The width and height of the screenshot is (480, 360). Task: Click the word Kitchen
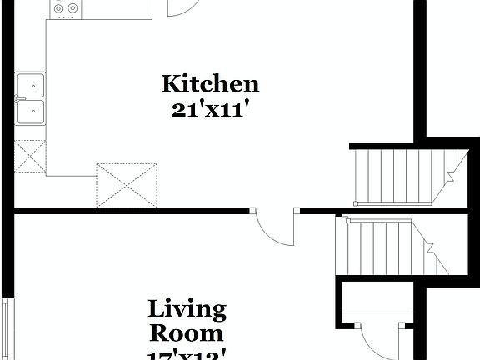210,84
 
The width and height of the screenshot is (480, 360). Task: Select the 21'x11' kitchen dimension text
211,110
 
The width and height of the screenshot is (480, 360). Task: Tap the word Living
187,310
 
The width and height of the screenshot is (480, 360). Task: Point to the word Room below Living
187,333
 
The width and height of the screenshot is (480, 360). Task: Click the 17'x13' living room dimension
187,354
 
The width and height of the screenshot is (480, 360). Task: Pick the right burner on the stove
73,8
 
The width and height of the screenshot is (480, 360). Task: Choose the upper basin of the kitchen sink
31,84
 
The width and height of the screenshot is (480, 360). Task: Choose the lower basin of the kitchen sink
31,111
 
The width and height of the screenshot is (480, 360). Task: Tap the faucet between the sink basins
19,97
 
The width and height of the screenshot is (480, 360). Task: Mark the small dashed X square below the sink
30,157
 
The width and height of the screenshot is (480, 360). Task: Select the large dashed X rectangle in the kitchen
127,184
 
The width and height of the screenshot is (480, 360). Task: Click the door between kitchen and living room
276,227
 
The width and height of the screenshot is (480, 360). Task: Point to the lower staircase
383,247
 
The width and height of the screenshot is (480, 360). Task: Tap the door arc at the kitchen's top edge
182,7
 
